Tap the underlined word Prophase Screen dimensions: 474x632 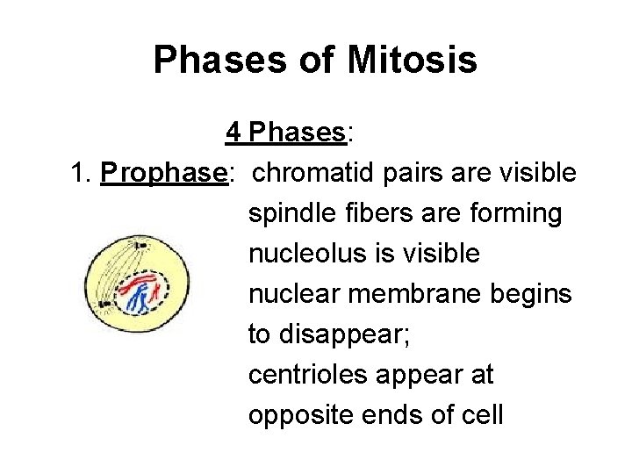click(164, 174)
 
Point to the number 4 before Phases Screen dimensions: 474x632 click(233, 133)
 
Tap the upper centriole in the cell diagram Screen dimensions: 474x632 click(140, 245)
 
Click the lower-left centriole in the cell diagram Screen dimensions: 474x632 click(104, 305)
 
